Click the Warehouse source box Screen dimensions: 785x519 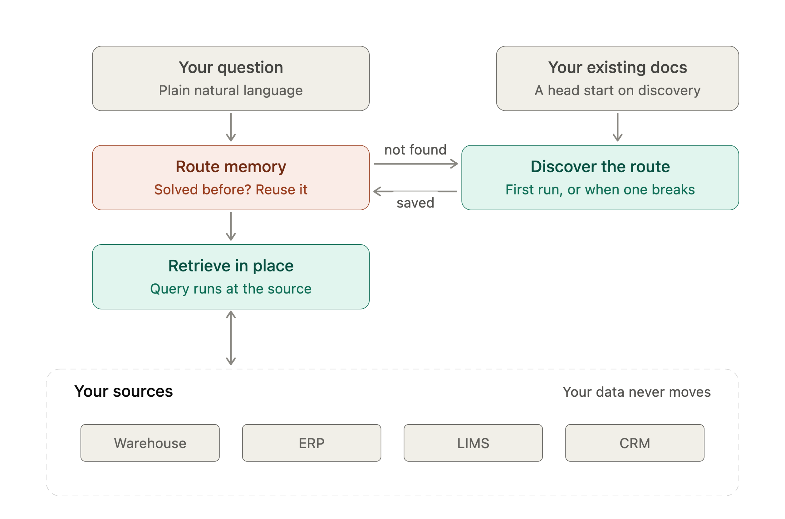click(x=150, y=443)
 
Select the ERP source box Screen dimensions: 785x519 click(x=311, y=443)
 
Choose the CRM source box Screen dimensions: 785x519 click(x=635, y=443)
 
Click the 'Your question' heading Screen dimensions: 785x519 click(x=231, y=68)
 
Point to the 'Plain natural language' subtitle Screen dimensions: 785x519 click(x=231, y=90)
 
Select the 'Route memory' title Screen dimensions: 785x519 click(x=231, y=167)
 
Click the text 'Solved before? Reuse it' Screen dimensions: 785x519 click(x=231, y=190)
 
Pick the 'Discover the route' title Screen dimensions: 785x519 click(x=600, y=166)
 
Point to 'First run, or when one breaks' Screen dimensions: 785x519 click(x=600, y=190)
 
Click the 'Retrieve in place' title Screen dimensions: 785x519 click(x=231, y=266)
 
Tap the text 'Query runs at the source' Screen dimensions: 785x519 click(x=231, y=289)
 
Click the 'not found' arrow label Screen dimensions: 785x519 click(x=415, y=150)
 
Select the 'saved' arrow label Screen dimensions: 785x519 click(x=415, y=203)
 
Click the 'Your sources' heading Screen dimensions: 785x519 click(x=124, y=391)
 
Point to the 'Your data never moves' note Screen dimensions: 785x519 click(x=637, y=392)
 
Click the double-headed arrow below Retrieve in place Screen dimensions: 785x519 click(x=231, y=338)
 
